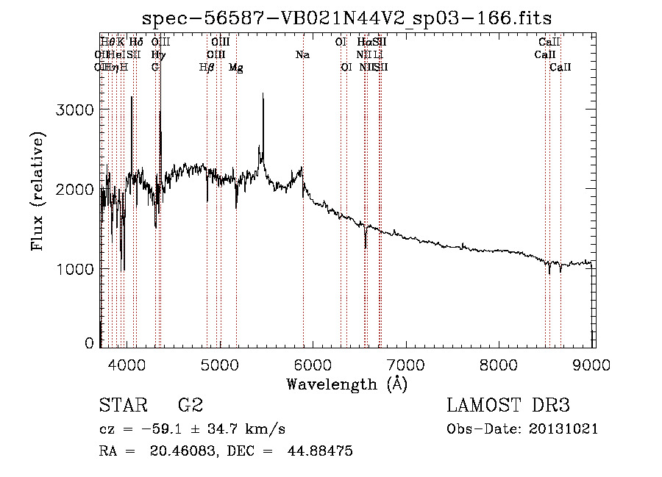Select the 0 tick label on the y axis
(89, 343)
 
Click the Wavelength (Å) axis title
(346, 384)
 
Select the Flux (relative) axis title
(38, 191)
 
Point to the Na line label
(302, 54)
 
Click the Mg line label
(236, 67)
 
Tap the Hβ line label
(207, 67)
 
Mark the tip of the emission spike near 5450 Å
(263, 94)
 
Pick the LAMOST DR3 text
(508, 406)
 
